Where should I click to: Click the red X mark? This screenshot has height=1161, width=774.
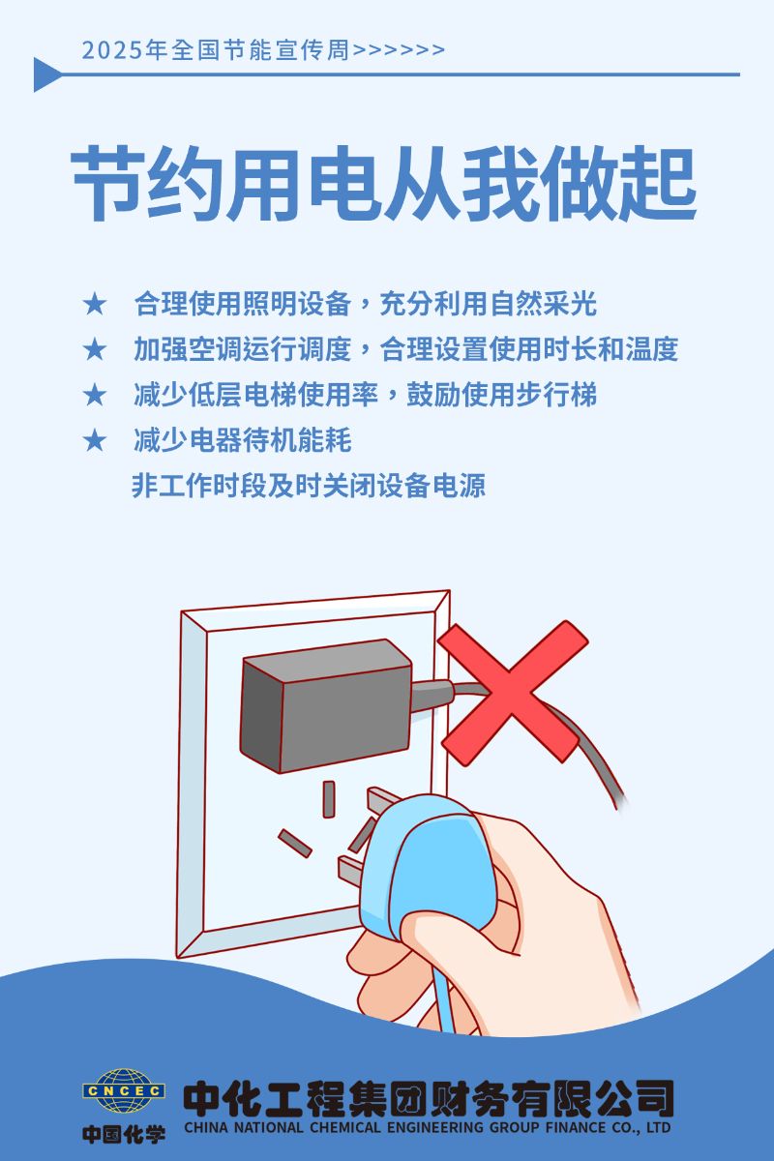click(512, 693)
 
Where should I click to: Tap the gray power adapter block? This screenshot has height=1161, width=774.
click(327, 706)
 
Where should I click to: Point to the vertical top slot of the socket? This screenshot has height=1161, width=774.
click(329, 799)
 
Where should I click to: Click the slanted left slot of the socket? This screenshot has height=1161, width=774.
click(294, 844)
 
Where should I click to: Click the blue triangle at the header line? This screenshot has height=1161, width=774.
click(47, 74)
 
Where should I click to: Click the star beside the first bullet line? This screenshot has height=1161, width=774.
click(95, 304)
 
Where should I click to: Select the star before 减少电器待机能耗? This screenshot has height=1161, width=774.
click(95, 440)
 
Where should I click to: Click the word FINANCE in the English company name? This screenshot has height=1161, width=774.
click(576, 1127)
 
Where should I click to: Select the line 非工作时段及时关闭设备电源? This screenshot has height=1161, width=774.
click(309, 486)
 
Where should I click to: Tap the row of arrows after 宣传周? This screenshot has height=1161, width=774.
click(399, 50)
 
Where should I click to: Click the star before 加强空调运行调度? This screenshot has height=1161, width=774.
click(95, 349)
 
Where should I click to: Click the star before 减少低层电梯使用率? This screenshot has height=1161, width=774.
click(95, 395)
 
